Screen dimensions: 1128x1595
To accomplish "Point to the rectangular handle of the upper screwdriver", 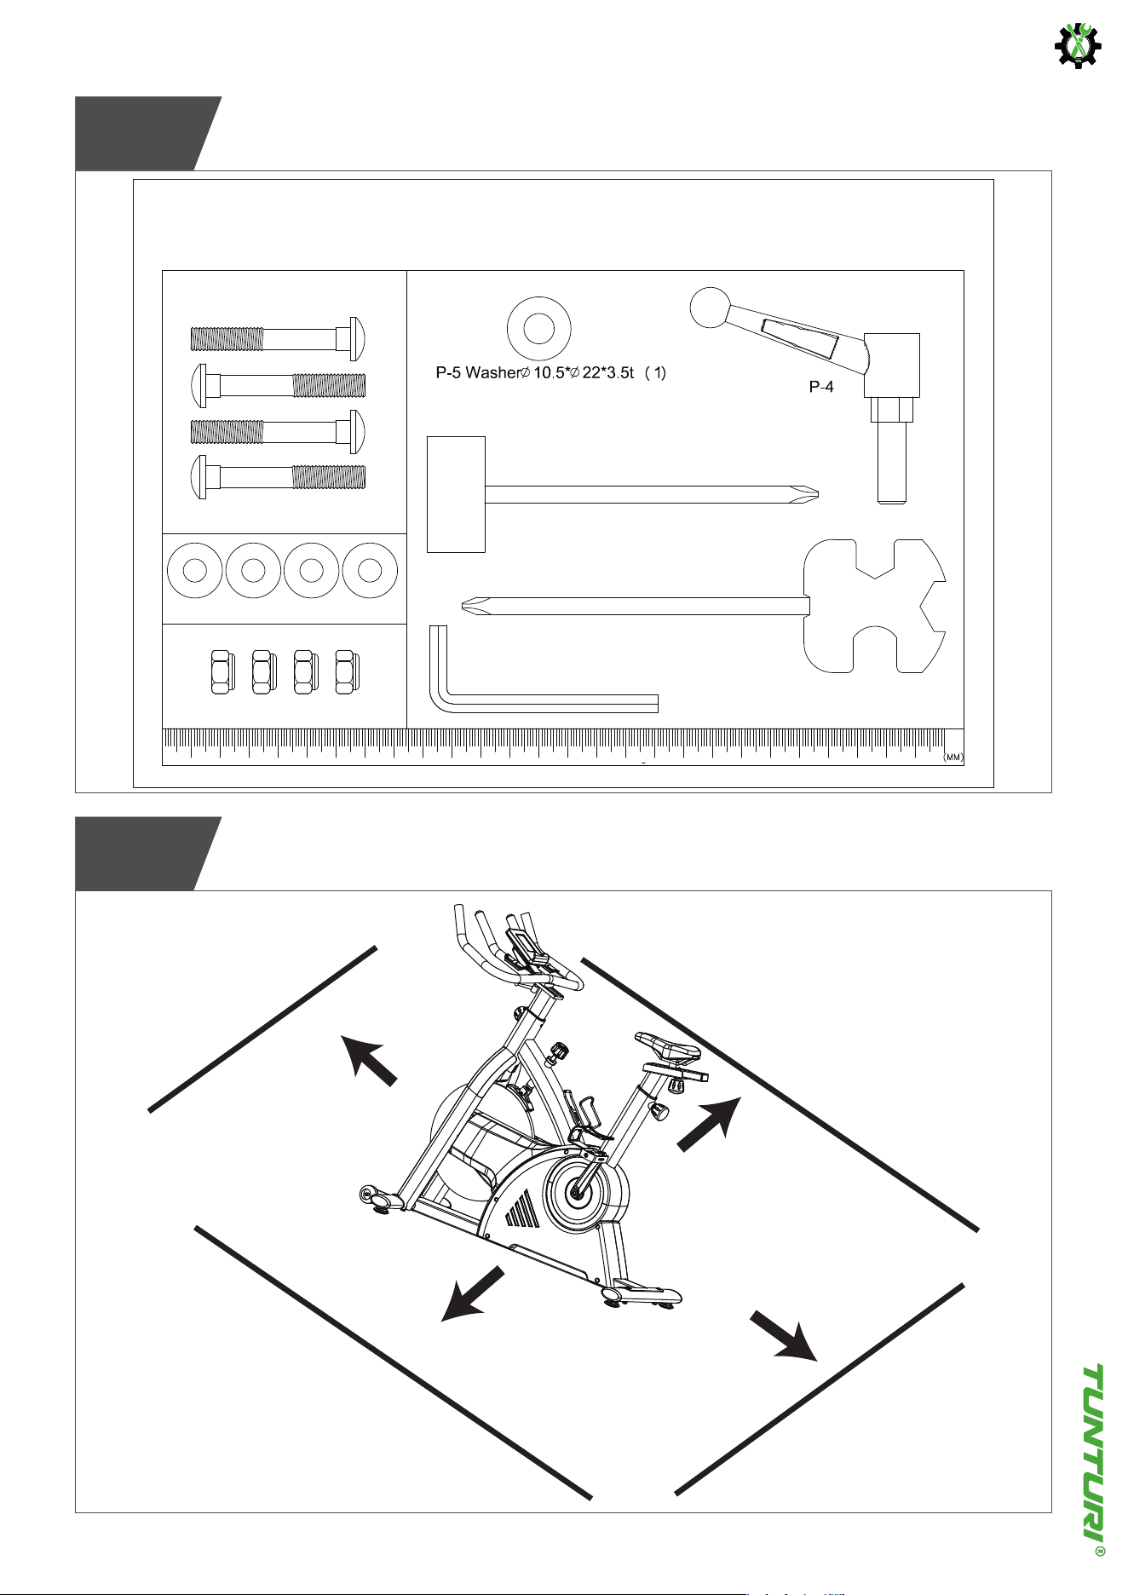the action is tap(456, 494).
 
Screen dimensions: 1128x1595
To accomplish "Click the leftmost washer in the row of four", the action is tap(195, 570).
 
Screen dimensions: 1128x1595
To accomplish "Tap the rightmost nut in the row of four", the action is tap(346, 671).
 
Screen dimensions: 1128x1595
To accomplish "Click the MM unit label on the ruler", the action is tap(952, 757).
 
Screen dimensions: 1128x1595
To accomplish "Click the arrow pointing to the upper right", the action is tap(711, 1124).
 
